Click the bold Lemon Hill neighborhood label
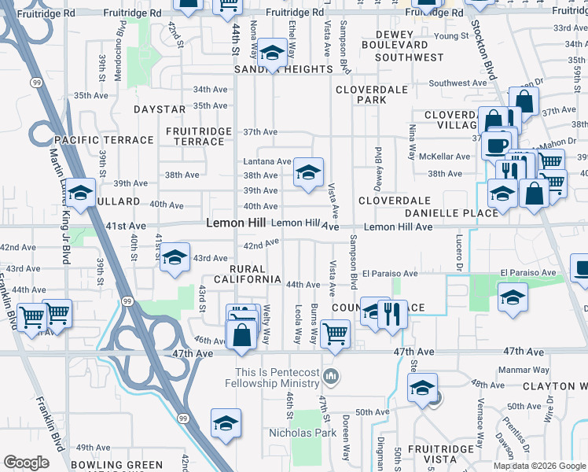coord(236,223)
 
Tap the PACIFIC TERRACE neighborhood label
coord(105,140)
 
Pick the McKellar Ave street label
coord(444,156)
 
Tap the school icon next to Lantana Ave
coord(308,171)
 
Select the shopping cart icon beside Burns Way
coord(336,334)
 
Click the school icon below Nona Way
coord(272,53)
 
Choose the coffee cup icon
coord(494,145)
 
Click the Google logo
coord(27,463)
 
